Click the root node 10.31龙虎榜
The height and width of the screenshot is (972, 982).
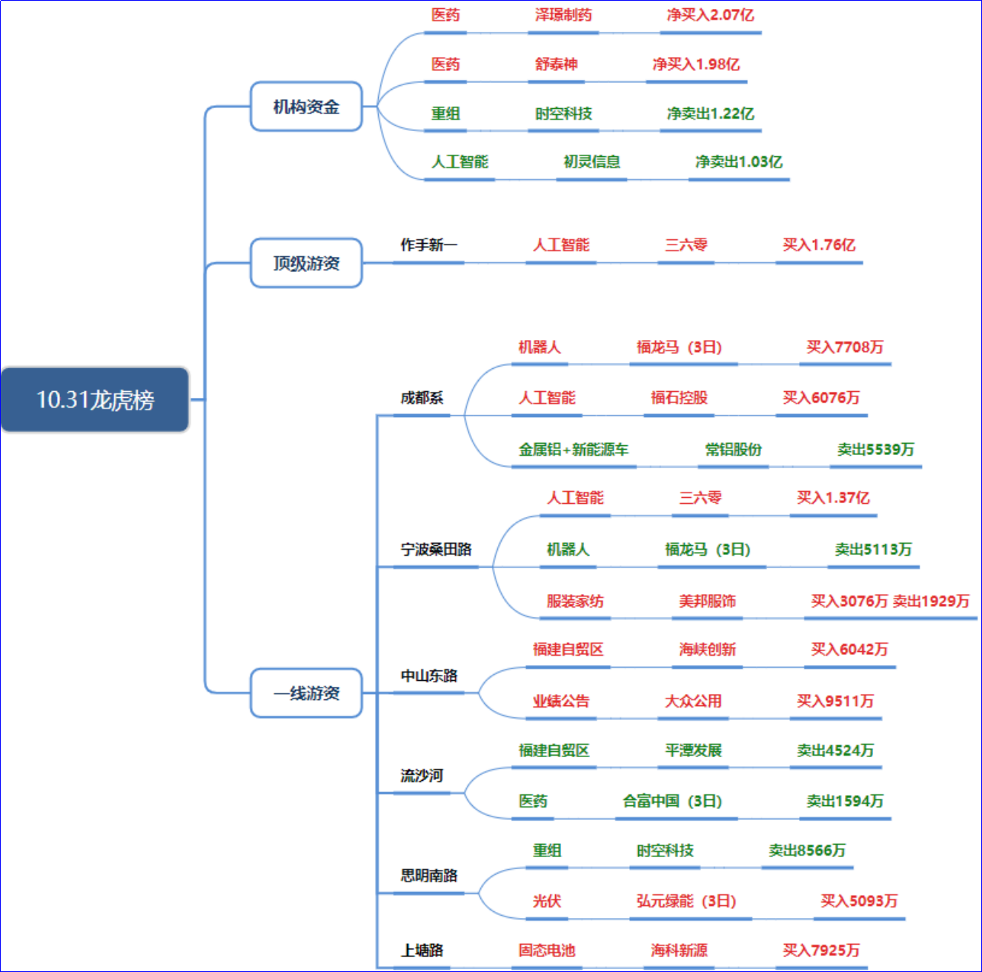click(x=95, y=400)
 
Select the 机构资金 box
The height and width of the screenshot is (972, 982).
click(x=306, y=107)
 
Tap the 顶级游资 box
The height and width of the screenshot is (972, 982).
click(x=306, y=263)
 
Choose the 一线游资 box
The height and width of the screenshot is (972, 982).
click(x=306, y=693)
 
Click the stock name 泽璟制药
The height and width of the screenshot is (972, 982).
click(x=563, y=15)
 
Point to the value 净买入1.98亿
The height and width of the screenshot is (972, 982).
click(x=696, y=64)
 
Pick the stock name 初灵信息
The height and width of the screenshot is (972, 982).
click(x=591, y=162)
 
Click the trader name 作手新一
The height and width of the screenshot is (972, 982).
click(x=428, y=244)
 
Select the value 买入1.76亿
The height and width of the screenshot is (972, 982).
click(x=819, y=244)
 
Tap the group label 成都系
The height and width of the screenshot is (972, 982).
click(x=422, y=398)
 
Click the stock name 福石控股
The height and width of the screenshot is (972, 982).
click(x=679, y=398)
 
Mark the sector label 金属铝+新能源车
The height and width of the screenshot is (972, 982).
click(x=574, y=450)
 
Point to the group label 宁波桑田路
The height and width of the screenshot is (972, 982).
click(x=436, y=550)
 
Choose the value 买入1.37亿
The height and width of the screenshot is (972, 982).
click(x=833, y=498)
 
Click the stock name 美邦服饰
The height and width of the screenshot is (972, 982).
click(x=707, y=601)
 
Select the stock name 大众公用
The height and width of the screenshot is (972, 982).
click(x=693, y=701)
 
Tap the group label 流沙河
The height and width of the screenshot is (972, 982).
click(x=422, y=776)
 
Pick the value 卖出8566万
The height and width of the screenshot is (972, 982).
click(x=807, y=850)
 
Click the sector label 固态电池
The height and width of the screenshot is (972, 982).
click(x=547, y=951)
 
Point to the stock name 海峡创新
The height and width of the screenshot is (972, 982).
click(x=707, y=650)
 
